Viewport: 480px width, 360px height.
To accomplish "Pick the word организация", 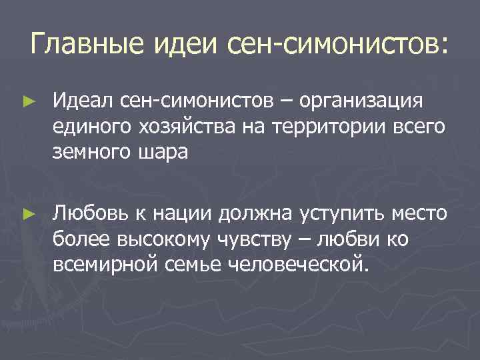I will click(362, 101).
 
